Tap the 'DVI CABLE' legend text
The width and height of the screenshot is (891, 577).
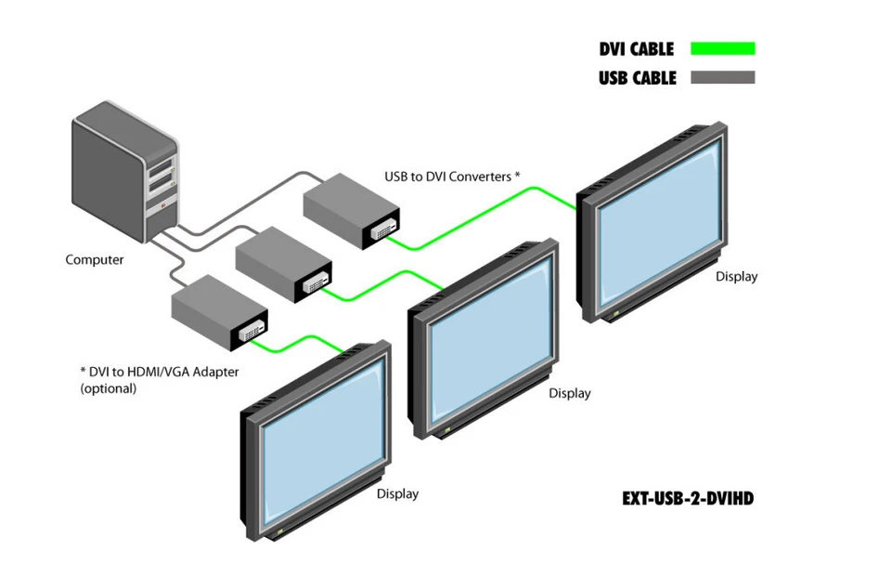click(x=636, y=49)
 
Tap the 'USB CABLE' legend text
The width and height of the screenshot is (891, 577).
click(x=637, y=78)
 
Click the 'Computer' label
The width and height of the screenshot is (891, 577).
click(x=94, y=260)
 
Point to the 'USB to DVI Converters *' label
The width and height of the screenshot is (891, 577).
click(x=452, y=176)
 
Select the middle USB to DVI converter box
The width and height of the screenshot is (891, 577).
click(x=283, y=263)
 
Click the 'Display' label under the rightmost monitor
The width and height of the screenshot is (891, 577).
click(x=736, y=277)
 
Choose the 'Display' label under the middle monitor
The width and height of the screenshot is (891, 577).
click(x=569, y=394)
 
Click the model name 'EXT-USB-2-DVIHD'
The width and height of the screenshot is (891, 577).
click(x=688, y=499)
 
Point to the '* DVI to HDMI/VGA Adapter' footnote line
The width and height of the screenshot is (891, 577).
click(x=159, y=372)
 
